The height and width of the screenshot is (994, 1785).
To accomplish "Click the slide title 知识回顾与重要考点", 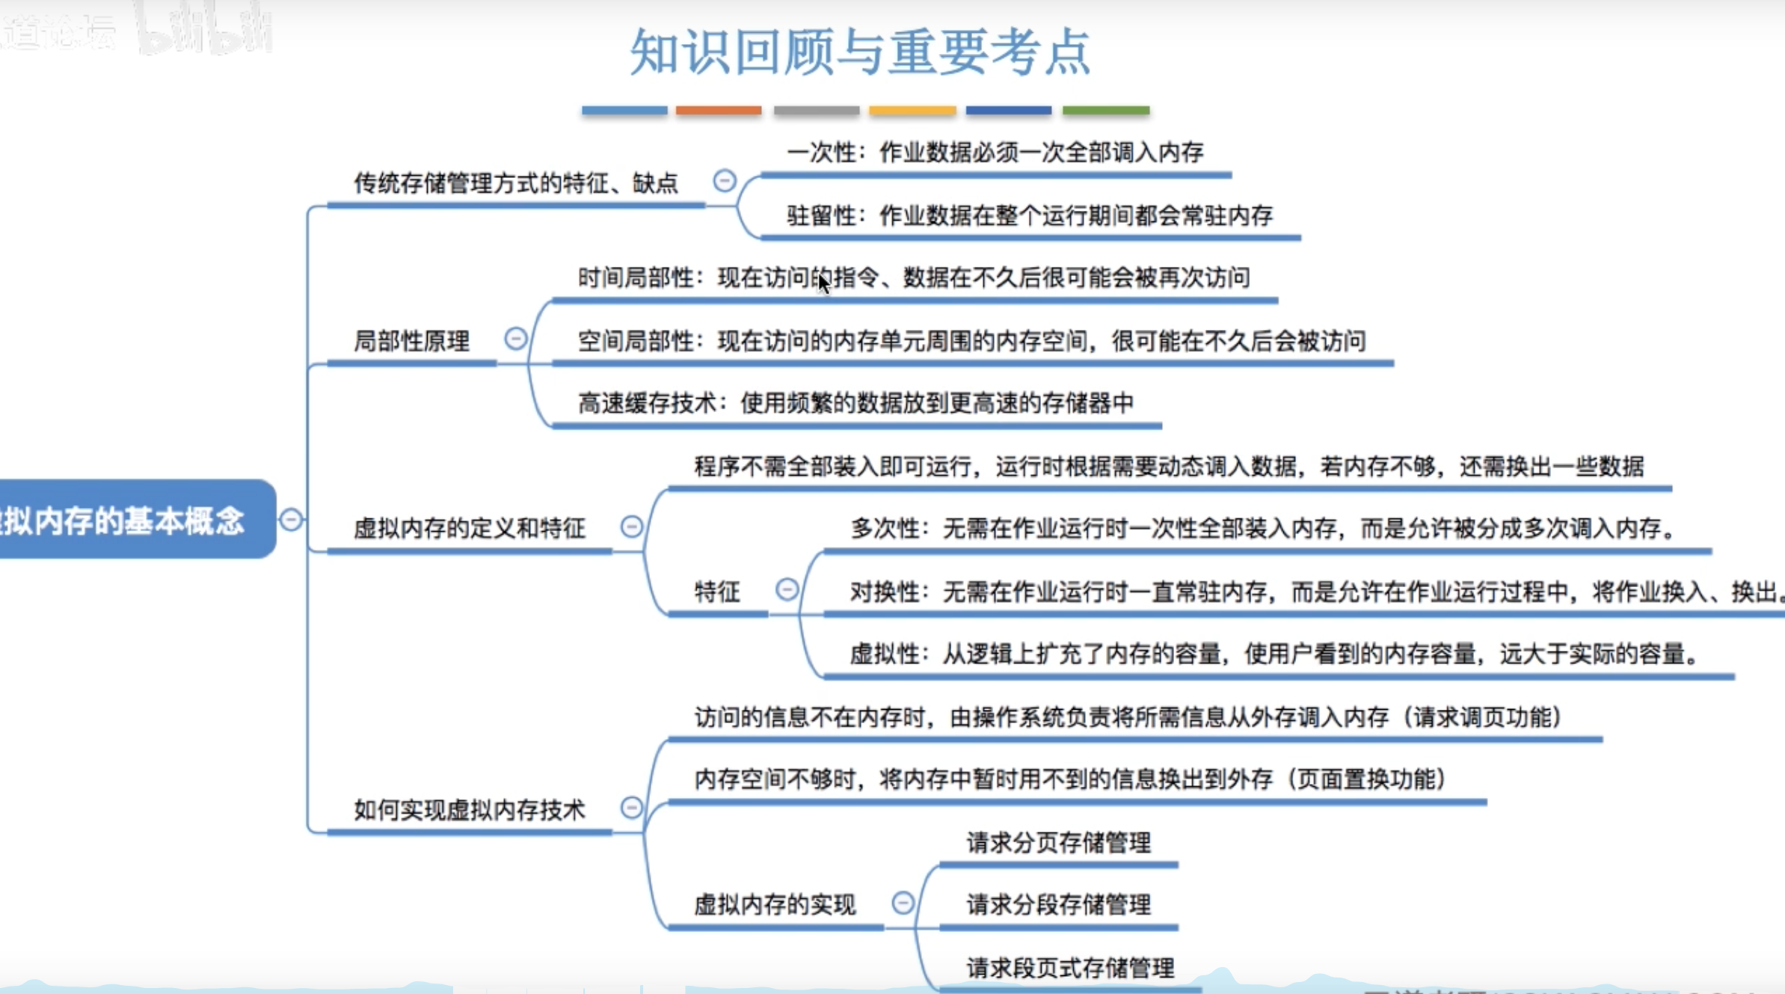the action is point(860,52).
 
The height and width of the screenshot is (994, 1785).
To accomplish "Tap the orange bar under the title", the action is point(719,111).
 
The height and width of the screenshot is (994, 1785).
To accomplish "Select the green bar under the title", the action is point(1105,111).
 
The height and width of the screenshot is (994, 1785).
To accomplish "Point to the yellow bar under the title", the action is point(912,111).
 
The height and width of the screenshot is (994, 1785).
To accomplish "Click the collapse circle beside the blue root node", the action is point(291,519).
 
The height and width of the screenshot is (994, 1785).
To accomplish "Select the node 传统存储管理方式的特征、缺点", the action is point(515,183).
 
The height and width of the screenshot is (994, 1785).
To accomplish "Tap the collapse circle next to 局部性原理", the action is point(515,339).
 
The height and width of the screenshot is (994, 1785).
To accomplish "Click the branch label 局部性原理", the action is point(411,342).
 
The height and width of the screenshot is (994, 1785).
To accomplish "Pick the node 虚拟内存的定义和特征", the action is point(469,529).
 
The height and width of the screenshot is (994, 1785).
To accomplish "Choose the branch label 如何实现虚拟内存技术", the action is point(469,810).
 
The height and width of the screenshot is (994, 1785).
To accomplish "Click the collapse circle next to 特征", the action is point(787,589).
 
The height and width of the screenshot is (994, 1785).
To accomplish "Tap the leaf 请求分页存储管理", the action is point(1058,843).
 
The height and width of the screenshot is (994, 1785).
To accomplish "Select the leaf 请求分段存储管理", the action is point(1058,905).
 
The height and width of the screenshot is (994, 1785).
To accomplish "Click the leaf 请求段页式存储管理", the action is point(1070,969).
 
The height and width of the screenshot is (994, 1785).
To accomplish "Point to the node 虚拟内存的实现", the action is point(775,905).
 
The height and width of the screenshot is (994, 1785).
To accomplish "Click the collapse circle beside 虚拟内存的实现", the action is point(903,903).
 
